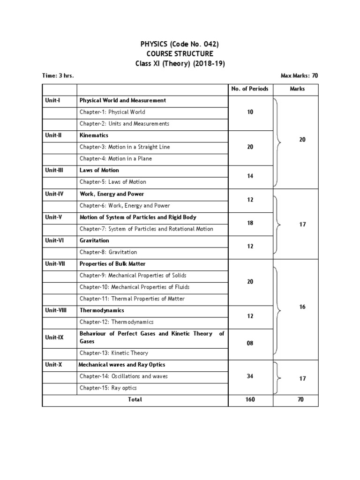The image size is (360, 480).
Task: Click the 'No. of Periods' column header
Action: tap(250, 89)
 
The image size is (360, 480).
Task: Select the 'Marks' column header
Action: tap(297, 89)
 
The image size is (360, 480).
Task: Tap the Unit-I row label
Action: tap(52, 100)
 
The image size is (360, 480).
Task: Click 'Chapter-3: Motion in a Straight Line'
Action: tap(125, 147)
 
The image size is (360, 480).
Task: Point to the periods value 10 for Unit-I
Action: tap(250, 112)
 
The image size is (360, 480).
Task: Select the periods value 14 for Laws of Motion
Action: tap(250, 176)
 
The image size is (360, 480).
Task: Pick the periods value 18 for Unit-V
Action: tap(250, 223)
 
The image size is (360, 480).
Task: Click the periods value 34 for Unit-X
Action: tap(250, 376)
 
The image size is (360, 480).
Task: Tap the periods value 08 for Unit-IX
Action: tap(250, 343)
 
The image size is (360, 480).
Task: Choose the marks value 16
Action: tap(302, 307)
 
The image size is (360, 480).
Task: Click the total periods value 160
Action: tap(250, 400)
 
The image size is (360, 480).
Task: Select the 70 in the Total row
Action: tap(300, 400)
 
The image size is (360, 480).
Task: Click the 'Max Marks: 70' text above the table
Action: tap(299, 75)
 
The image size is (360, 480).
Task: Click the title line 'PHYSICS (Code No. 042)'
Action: tap(180, 44)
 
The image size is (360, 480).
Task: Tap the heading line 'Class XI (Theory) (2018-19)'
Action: tap(180, 63)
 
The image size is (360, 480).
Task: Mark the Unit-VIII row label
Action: tap(56, 310)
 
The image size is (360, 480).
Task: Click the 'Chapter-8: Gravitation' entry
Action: tap(108, 252)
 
